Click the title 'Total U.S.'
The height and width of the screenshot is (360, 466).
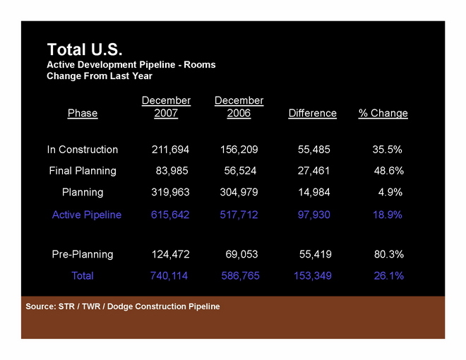pyautogui.click(x=85, y=49)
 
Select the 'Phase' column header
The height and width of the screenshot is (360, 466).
pyautogui.click(x=83, y=113)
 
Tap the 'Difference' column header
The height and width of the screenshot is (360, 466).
pyautogui.click(x=313, y=113)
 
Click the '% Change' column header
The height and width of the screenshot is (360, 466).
pyautogui.click(x=383, y=113)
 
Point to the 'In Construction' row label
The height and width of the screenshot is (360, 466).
pyautogui.click(x=83, y=150)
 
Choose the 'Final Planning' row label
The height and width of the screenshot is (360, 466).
pyautogui.click(x=83, y=171)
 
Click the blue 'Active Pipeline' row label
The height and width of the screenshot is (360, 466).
pyautogui.click(x=87, y=215)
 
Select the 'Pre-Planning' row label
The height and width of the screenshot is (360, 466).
pyautogui.click(x=83, y=254)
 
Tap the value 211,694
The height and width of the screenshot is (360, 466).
pyautogui.click(x=170, y=150)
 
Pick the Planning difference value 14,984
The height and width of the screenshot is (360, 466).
pyautogui.click(x=313, y=192)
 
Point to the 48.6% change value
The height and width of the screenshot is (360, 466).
pyautogui.click(x=388, y=171)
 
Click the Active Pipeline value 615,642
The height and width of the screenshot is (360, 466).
pyautogui.click(x=170, y=215)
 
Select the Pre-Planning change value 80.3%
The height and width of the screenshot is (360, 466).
pyautogui.click(x=388, y=254)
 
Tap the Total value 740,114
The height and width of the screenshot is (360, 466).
pyautogui.click(x=169, y=276)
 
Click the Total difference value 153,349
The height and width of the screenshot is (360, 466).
pyautogui.click(x=313, y=276)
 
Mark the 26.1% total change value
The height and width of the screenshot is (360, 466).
pyautogui.click(x=388, y=276)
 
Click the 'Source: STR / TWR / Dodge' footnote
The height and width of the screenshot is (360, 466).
pyautogui.click(x=123, y=306)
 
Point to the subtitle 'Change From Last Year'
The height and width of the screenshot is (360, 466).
pyautogui.click(x=100, y=76)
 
